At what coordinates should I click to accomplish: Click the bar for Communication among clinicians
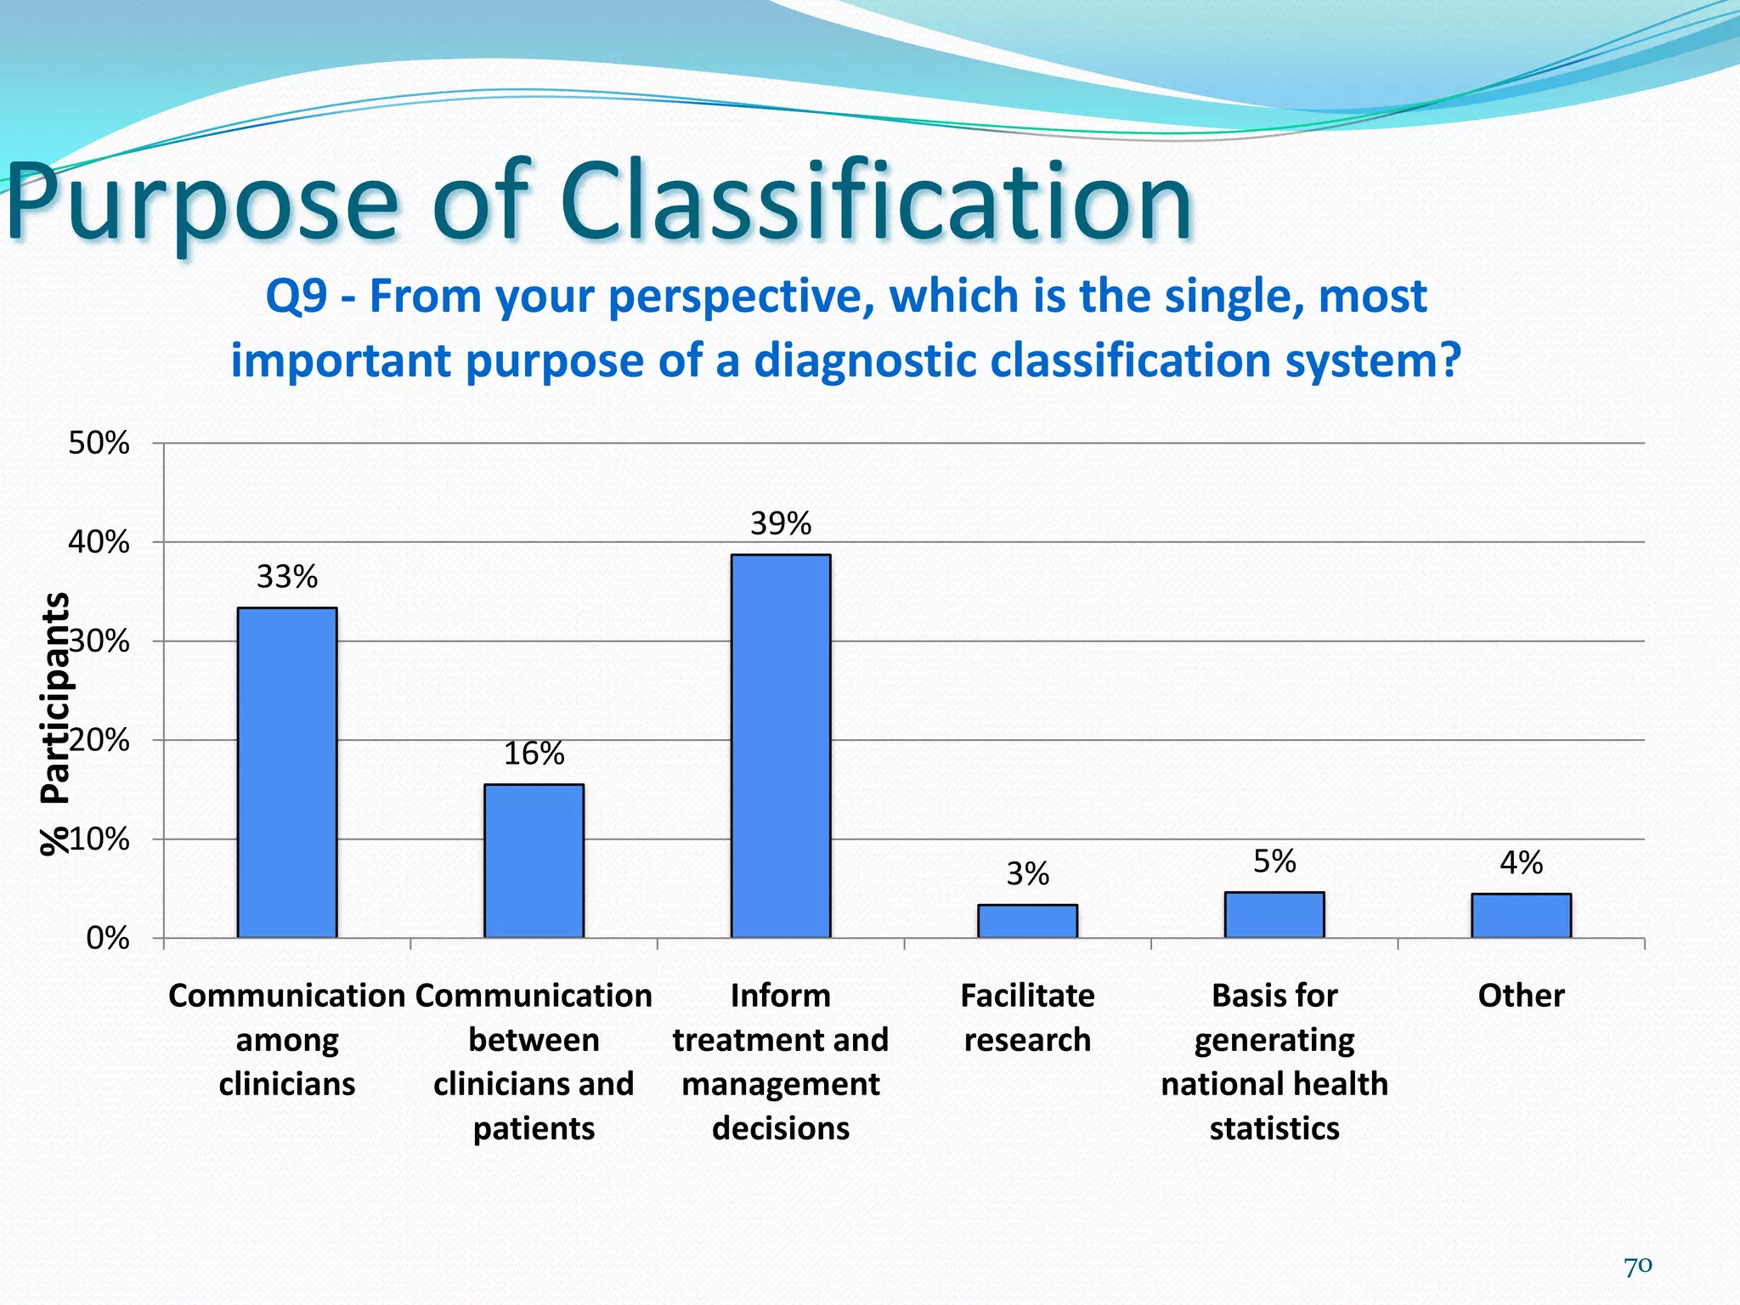point(287,773)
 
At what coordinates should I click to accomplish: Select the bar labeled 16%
point(534,861)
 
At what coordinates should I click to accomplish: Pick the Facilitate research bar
point(1027,921)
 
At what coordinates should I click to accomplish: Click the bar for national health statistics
point(1274,915)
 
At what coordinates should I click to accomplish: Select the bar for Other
point(1521,916)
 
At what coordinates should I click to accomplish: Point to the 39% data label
point(781,523)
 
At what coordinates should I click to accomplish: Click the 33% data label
point(287,577)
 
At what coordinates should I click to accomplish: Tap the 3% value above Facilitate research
point(1027,873)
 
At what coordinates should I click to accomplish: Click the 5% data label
point(1274,862)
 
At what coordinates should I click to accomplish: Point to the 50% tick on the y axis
point(99,443)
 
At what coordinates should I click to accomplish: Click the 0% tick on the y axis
point(107,938)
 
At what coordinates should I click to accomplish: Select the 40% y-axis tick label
point(99,542)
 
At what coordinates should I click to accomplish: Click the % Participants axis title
point(56,722)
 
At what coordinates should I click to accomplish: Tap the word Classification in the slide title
point(875,204)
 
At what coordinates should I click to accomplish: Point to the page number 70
point(1637,1267)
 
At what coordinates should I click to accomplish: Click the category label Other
point(1521,996)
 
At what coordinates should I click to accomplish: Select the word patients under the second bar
point(534,1128)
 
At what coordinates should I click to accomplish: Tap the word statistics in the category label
point(1274,1128)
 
